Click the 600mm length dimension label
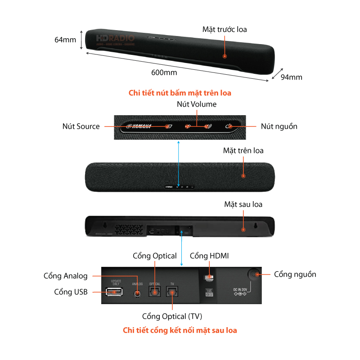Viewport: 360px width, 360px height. pos(164,72)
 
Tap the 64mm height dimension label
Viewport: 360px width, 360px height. pos(65,40)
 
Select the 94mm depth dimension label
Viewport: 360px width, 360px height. pos(291,77)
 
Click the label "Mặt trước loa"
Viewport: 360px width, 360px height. pos(225,29)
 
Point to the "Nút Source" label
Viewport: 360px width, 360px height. pos(81,126)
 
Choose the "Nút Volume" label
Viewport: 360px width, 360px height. pos(196,104)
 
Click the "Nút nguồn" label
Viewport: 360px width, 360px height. pos(279,126)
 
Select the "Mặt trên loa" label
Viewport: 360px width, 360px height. pos(243,150)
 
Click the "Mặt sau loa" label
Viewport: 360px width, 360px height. pos(243,204)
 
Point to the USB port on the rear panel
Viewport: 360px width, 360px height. pos(115,292)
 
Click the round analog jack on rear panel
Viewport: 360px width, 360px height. pos(138,293)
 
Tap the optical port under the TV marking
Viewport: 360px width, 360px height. pos(172,292)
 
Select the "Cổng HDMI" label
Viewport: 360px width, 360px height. pos(209,256)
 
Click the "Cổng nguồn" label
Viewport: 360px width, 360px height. pos(295,274)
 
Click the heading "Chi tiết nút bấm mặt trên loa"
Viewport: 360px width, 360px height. pos(180,93)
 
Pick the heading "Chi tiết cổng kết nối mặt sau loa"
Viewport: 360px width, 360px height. pos(180,330)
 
